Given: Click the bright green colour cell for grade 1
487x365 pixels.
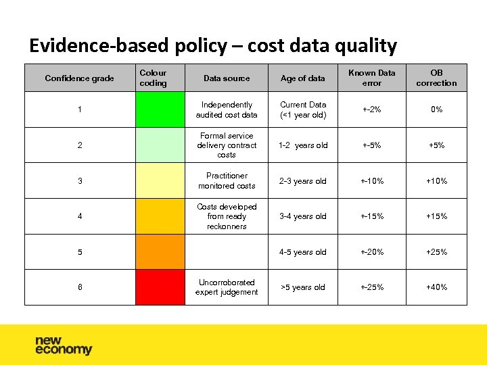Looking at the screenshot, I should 160,109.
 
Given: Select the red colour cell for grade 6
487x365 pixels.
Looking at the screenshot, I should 160,287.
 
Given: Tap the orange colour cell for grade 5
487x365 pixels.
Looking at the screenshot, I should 160,252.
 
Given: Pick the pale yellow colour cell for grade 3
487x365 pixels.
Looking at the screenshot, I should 160,181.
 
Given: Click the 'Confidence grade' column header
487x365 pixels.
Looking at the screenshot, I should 79,78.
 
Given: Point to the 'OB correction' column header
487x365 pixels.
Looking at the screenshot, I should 436,78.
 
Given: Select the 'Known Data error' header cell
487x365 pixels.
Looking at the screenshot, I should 371,78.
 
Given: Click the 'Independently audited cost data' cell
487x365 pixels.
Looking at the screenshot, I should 227,109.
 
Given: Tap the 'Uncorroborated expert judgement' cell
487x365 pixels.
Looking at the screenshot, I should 227,287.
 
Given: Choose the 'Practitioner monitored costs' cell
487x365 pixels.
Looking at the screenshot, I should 227,181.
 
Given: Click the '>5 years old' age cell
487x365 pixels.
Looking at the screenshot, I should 303,287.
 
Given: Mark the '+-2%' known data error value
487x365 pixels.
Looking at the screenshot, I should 371,109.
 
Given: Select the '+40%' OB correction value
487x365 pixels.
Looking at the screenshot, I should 436,287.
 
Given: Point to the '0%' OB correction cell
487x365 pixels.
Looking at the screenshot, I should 436,109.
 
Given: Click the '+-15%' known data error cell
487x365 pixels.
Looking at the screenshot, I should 371,216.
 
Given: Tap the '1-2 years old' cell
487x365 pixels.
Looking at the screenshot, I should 303,145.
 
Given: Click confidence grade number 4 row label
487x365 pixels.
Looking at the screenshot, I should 80,216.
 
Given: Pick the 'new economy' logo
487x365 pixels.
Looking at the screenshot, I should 64,345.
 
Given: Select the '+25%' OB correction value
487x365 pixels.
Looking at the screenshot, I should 436,252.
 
